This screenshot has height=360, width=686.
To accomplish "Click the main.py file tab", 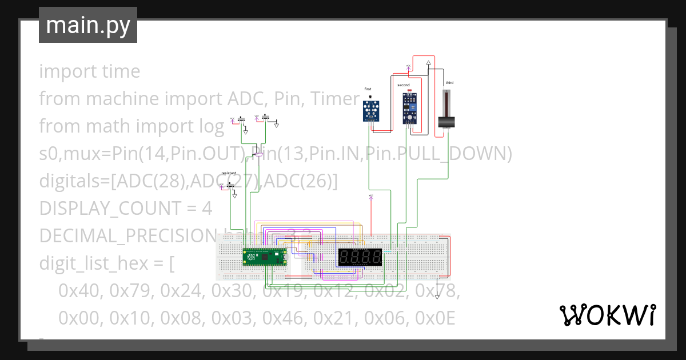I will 88,25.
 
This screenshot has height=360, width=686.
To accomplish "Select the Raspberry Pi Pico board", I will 264,258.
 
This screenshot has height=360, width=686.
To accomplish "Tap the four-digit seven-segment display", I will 360,257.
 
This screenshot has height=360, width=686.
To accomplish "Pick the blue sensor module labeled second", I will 409,109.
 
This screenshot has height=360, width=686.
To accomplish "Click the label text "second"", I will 404,85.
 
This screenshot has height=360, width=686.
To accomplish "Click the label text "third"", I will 449,83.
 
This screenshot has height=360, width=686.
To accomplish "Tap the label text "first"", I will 368,89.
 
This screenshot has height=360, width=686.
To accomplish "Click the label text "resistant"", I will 229,173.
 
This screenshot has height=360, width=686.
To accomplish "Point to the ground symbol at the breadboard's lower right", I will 437,295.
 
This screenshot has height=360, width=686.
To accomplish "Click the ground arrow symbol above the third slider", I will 428,65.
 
